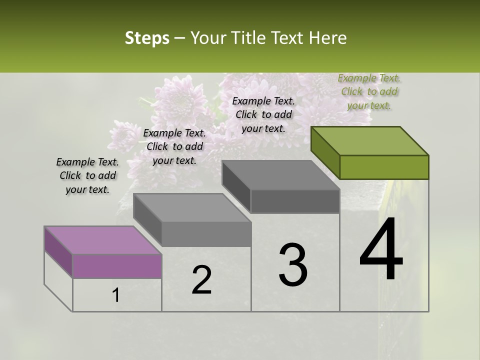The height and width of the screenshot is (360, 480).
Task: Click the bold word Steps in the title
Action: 147,38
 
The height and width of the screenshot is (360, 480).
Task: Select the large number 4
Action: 381,250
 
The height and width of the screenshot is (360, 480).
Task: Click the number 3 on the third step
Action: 293,265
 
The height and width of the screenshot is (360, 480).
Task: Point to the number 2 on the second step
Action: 201,280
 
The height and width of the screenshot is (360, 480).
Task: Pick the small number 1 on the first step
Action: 116,295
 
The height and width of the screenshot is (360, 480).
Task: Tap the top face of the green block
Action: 370,140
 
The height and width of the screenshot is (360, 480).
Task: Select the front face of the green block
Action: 384,167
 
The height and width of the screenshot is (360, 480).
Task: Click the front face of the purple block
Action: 117,266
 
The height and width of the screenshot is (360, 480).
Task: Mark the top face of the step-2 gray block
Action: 192,207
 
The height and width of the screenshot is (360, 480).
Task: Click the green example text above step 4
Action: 369,91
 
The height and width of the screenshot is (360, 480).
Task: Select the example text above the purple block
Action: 87,175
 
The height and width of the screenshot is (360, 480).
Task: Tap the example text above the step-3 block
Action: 263,114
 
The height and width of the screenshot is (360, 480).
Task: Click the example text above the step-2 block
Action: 174,146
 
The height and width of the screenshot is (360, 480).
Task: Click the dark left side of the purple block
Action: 58,252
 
